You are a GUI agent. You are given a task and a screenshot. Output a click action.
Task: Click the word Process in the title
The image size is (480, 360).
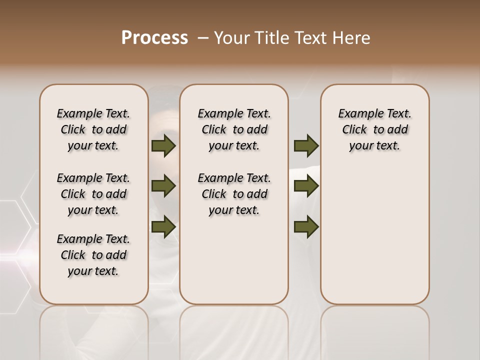tap(154, 38)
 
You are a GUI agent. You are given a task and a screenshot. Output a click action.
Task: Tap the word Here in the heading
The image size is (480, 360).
tap(351, 38)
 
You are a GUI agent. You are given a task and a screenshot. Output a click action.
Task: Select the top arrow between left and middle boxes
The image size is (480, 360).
tap(163, 145)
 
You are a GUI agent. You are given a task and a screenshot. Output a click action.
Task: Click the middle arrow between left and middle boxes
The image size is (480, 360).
tap(163, 186)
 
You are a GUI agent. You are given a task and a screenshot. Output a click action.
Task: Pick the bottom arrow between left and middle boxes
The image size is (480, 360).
tap(163, 227)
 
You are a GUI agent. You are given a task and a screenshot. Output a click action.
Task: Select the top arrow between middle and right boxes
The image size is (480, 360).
tap(306, 145)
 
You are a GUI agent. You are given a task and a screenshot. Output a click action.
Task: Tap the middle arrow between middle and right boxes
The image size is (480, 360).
tap(306, 186)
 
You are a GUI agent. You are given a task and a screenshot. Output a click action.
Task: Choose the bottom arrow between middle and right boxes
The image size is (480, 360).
tap(306, 227)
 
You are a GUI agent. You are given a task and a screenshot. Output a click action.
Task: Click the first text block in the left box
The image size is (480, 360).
tap(93, 129)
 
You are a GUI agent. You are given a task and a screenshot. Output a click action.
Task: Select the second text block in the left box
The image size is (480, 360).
tap(93, 194)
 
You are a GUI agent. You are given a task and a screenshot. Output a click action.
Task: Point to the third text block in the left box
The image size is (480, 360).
tap(93, 255)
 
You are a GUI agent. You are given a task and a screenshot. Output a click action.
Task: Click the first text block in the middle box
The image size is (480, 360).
tap(234, 129)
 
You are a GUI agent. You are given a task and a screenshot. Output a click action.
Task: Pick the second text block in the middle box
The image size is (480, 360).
tap(234, 194)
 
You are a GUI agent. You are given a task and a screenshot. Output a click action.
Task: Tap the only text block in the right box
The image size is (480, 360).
tap(375, 129)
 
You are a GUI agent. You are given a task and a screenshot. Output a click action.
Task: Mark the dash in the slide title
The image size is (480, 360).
tap(203, 38)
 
